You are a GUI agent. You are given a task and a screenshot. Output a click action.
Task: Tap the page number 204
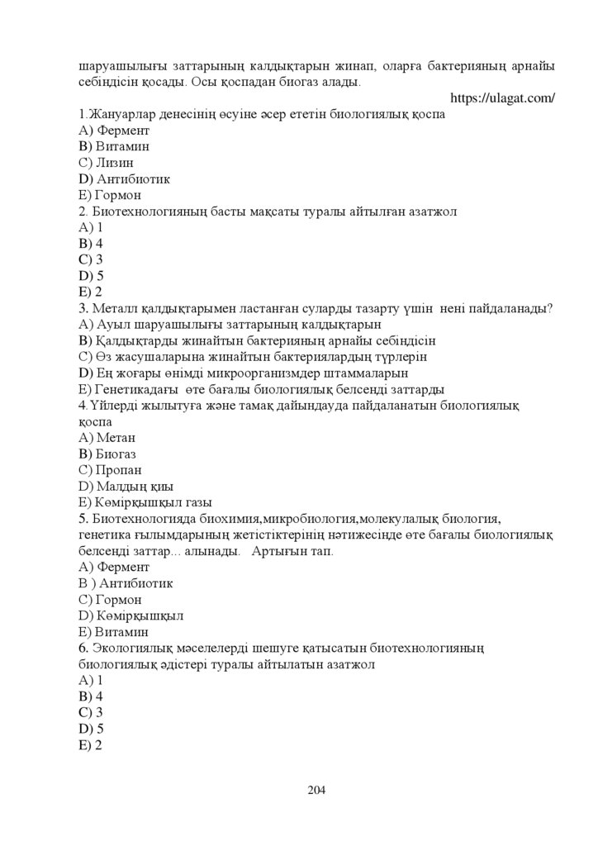(316, 790)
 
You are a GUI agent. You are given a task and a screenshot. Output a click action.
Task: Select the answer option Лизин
(105, 163)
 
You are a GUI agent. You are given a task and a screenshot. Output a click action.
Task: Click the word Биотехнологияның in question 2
(145, 211)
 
